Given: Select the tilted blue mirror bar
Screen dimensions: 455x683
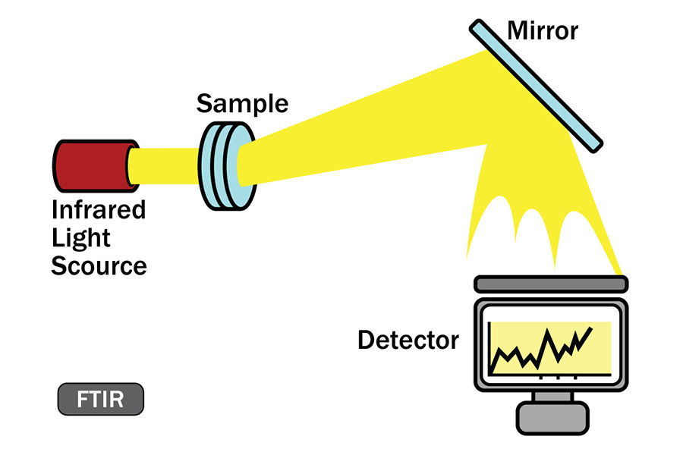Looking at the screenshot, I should [535, 83].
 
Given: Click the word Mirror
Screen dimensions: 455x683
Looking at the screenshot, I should [542, 31].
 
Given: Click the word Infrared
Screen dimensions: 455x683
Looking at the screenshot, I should [98, 209].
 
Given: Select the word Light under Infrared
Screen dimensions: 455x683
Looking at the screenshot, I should [81, 238].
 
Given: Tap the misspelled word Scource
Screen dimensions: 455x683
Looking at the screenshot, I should [99, 266].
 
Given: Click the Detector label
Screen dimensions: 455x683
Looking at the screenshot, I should [408, 340].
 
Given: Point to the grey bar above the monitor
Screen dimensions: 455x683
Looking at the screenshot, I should [551, 284].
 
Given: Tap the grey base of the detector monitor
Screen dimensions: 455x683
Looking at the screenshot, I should [552, 416].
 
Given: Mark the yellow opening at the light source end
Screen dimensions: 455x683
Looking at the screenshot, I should [131, 166].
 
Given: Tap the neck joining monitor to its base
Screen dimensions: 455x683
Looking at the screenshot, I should [552, 395].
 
